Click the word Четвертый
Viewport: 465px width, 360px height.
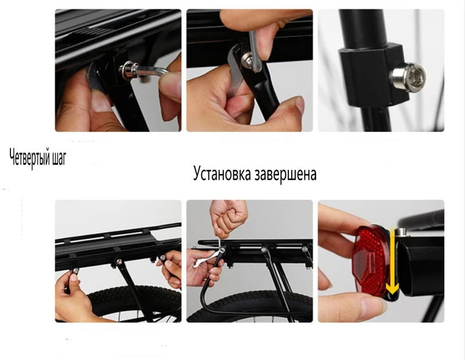pos(29,158)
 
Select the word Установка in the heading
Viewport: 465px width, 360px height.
pos(222,174)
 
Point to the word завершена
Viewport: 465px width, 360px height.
pos(285,174)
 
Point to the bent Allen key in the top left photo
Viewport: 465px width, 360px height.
pos(151,72)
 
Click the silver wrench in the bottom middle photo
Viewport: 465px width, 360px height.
pos(208,258)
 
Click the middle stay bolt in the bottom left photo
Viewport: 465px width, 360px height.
pos(119,262)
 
